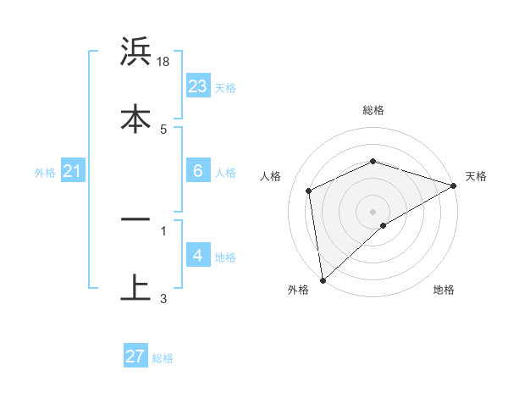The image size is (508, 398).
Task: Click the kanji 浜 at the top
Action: point(135,53)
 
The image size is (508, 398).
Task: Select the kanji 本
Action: point(135,119)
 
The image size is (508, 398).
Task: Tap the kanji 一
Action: point(135,218)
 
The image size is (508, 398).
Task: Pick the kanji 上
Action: point(135,287)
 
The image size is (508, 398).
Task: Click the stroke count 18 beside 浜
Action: point(163,63)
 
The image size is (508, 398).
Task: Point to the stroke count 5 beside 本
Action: point(163,129)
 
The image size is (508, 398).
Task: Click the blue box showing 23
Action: point(198,86)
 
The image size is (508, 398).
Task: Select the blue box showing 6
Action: point(198,171)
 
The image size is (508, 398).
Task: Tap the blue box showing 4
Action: point(198,255)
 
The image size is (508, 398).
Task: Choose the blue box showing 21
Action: point(73,172)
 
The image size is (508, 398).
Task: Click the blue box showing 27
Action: point(135,357)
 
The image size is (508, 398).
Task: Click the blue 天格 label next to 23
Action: point(225,87)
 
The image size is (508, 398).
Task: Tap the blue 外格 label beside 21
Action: point(45,173)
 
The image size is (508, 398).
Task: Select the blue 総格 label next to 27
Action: point(163,358)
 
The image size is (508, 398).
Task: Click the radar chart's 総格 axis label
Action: point(373,110)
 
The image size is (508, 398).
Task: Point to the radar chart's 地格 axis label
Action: point(444,290)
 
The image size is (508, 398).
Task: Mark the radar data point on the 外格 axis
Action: point(323,279)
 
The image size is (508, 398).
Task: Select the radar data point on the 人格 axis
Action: point(309,191)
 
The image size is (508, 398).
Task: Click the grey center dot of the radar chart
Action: point(373,211)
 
